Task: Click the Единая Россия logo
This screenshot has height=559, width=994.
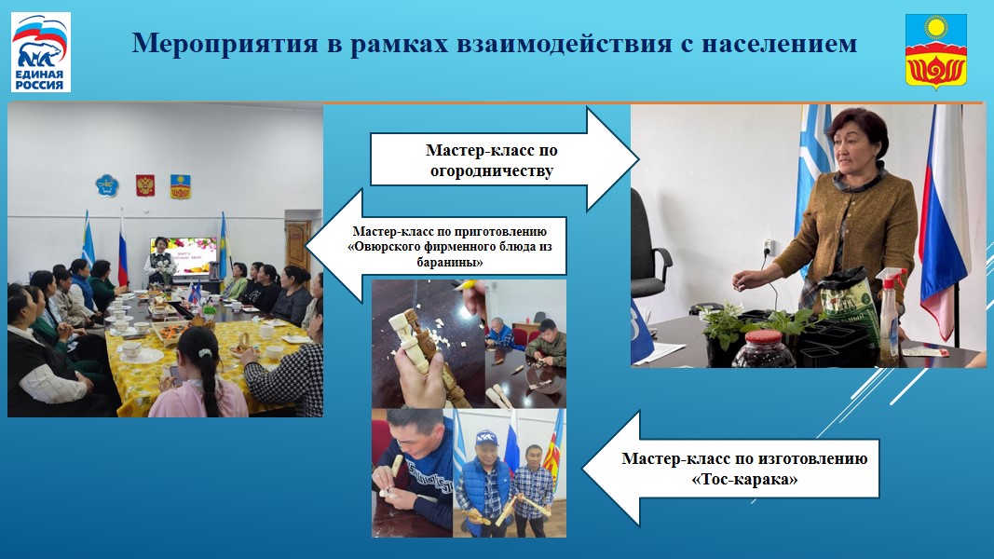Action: [x=41, y=52]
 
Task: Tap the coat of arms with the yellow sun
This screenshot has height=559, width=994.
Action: [x=935, y=51]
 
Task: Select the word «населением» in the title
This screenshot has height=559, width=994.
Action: [x=779, y=44]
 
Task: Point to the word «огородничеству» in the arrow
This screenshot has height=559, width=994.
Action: [x=492, y=171]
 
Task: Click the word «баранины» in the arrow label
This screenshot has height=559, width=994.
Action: [x=450, y=262]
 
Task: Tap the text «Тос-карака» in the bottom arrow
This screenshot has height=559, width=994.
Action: [x=744, y=479]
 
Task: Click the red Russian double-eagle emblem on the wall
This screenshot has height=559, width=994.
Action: [x=145, y=185]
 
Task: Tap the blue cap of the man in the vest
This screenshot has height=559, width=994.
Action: [x=485, y=437]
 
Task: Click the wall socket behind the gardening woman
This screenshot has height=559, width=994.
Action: [x=769, y=247]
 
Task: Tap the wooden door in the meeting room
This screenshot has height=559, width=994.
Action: [x=298, y=245]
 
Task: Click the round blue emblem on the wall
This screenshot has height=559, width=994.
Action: [x=107, y=185]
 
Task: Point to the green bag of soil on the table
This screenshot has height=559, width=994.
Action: [x=846, y=305]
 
